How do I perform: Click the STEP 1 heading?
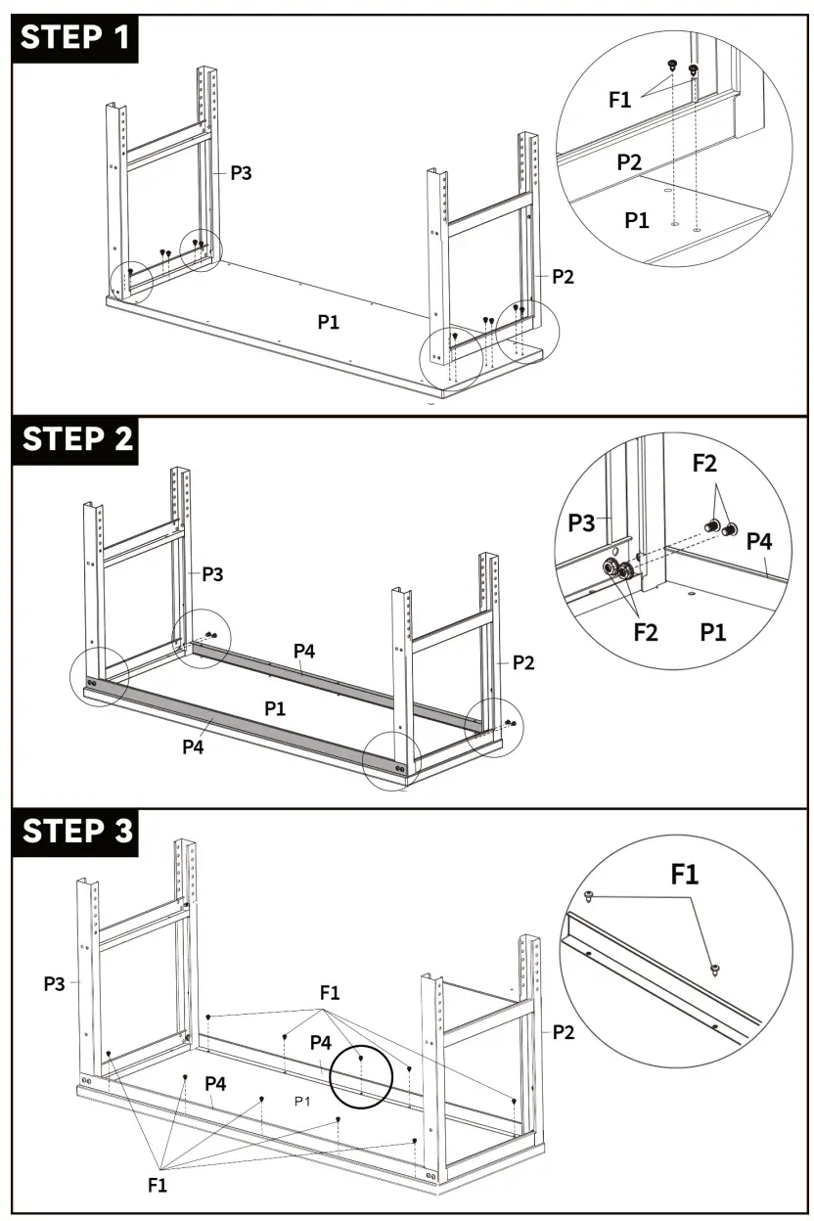(73, 38)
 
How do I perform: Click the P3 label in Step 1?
(241, 173)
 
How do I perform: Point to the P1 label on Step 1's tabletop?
(329, 321)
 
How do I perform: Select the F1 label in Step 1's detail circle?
(620, 99)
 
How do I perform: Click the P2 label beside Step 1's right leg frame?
(563, 277)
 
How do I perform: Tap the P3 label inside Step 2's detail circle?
(582, 523)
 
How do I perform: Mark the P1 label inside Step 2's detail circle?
(713, 632)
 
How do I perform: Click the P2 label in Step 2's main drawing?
(523, 663)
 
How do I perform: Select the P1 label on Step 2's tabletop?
(276, 707)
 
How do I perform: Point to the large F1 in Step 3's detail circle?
(685, 874)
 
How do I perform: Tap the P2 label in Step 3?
(563, 1031)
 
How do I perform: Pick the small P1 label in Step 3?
(302, 1102)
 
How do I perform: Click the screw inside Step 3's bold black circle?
(361, 1059)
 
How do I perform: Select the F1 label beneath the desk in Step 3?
(158, 1185)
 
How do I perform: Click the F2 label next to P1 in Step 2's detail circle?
(645, 632)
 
